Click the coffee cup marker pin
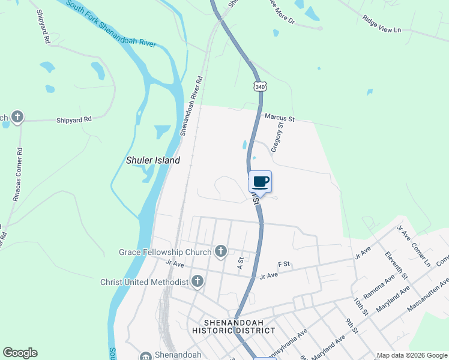pyautogui.click(x=261, y=182)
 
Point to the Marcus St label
pyautogui.click(x=279, y=119)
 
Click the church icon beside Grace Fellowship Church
pyautogui.click(x=221, y=251)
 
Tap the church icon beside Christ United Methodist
pyautogui.click(x=197, y=281)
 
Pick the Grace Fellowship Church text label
pyautogui.click(x=165, y=252)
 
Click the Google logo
pyautogui.click(x=20, y=353)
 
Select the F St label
pyautogui.click(x=284, y=264)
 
